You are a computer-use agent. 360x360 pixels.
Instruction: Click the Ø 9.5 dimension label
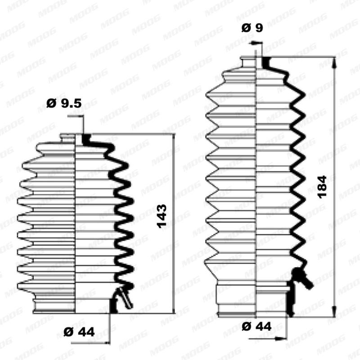pyautogui.click(x=64, y=103)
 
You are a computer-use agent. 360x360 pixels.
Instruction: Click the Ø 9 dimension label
pyautogui.click(x=252, y=28)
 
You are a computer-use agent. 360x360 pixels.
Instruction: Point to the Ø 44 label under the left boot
pyautogui.click(x=79, y=333)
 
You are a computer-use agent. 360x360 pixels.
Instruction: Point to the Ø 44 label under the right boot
pyautogui.click(x=256, y=326)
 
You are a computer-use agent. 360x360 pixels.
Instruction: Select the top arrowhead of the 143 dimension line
pyautogui.click(x=172, y=137)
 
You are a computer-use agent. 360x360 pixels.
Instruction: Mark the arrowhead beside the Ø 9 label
pyautogui.click(x=255, y=43)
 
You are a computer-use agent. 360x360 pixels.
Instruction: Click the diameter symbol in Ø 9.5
pyautogui.click(x=50, y=103)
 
